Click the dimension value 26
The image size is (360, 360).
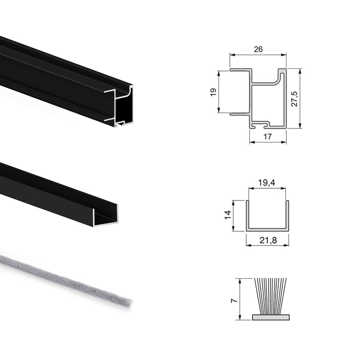click(258, 49)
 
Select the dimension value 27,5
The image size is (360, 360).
click(294, 99)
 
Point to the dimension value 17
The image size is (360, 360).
click(267, 136)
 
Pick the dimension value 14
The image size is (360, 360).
click(227, 214)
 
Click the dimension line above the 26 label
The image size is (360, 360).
click(258, 55)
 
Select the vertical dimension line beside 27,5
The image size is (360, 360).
click(300, 98)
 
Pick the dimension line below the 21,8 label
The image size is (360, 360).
click(267, 245)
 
